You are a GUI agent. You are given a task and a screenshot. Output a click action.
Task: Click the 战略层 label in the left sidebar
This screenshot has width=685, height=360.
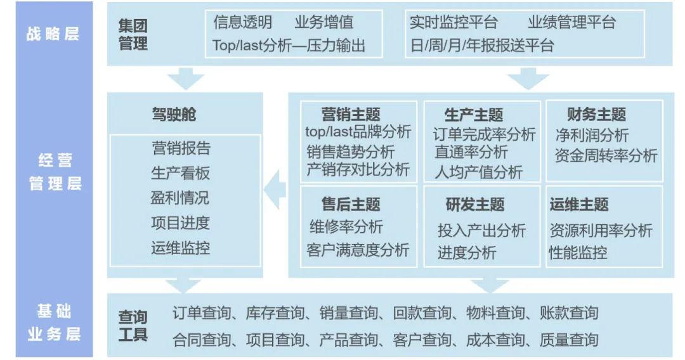pyautogui.click(x=53, y=34)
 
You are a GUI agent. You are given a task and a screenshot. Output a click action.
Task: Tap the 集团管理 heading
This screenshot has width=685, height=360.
pyautogui.click(x=133, y=34)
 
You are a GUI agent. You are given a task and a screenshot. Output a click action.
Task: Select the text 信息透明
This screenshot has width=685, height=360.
pyautogui.click(x=243, y=22)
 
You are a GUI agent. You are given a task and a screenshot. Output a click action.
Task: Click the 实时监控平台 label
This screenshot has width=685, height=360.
pyautogui.click(x=454, y=22)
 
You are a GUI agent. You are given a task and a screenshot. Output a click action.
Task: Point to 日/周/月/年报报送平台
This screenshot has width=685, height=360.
pyautogui.click(x=482, y=46)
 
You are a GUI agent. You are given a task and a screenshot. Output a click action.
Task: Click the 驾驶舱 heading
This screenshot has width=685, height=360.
pyautogui.click(x=174, y=114)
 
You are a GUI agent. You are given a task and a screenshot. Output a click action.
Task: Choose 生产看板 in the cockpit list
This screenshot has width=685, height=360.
pyautogui.click(x=180, y=173)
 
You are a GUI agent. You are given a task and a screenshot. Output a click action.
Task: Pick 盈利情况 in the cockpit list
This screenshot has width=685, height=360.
pyautogui.click(x=180, y=198)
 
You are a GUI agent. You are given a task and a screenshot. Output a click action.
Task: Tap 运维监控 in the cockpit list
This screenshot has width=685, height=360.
pyautogui.click(x=180, y=248)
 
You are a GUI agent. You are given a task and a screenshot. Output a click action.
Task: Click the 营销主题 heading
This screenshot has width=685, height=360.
pyautogui.click(x=351, y=114)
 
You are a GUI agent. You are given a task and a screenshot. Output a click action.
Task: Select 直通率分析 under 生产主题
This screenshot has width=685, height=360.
pyautogui.click(x=471, y=152)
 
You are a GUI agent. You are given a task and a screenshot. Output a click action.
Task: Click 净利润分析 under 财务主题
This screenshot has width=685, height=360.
pyautogui.click(x=592, y=135)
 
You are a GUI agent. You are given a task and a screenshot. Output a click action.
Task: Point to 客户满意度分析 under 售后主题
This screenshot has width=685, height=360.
pyautogui.click(x=358, y=250)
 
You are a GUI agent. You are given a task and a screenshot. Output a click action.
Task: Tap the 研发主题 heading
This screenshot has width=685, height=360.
pyautogui.click(x=475, y=204)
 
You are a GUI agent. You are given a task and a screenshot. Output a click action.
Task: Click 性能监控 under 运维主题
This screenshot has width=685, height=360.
pyautogui.click(x=578, y=253)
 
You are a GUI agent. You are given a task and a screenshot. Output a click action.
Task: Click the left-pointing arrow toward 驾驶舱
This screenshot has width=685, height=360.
pyautogui.click(x=275, y=190)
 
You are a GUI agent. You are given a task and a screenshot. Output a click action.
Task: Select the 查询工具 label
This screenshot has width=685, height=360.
pyautogui.click(x=133, y=326)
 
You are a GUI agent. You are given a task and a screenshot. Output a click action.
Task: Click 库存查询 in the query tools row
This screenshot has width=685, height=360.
pyautogui.click(x=275, y=313)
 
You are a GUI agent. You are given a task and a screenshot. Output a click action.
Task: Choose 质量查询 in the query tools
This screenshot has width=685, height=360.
pyautogui.click(x=569, y=340)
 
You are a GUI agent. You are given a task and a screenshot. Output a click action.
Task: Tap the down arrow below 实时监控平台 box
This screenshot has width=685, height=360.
pyautogui.click(x=528, y=78)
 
